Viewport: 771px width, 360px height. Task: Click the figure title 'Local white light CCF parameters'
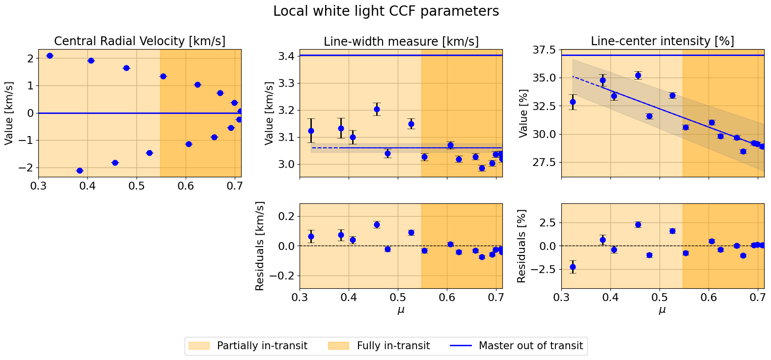[x=386, y=11]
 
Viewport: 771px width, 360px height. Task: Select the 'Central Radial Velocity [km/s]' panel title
[x=139, y=41]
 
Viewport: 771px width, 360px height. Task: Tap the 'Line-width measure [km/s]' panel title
[x=401, y=42]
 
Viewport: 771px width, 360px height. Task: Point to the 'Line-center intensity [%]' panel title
[x=662, y=41]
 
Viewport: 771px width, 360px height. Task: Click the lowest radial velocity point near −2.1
[x=80, y=170]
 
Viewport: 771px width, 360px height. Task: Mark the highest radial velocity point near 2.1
[x=50, y=55]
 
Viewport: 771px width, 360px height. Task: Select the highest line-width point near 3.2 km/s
[x=377, y=109]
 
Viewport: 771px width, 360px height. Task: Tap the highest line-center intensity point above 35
[x=638, y=75]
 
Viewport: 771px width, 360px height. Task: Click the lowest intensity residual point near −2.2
[x=573, y=267]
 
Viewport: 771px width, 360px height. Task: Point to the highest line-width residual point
[x=377, y=224]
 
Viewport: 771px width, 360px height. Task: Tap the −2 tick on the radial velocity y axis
[x=27, y=167]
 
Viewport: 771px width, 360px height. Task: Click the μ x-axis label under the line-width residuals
[x=401, y=310]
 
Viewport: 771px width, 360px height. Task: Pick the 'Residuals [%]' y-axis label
[x=521, y=246]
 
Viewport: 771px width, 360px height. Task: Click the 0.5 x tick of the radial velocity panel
[x=137, y=186]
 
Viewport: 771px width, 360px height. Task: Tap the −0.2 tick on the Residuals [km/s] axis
[x=280, y=276]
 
